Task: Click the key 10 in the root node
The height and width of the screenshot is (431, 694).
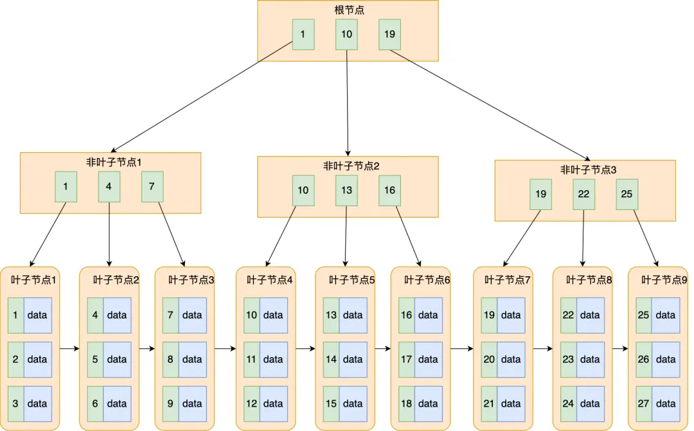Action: (346, 35)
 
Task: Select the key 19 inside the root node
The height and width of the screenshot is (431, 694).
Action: (389, 35)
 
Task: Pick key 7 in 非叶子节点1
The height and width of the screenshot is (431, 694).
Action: (152, 187)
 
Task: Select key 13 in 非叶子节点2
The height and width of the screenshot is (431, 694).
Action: (346, 191)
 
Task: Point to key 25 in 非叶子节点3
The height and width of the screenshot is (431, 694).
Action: (627, 194)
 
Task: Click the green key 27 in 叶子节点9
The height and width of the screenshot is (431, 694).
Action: (644, 403)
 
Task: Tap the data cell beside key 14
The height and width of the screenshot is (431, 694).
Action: (353, 359)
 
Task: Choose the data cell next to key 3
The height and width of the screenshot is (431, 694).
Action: (37, 403)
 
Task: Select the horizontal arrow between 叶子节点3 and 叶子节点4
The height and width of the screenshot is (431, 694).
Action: (225, 349)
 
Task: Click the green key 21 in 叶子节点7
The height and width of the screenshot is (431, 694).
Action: (489, 403)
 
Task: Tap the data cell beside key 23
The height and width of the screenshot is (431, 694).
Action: (590, 359)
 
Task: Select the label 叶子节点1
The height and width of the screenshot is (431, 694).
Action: (34, 280)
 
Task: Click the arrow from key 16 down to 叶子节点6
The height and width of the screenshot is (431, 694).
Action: (408, 236)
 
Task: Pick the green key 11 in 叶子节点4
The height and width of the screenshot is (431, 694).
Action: (251, 359)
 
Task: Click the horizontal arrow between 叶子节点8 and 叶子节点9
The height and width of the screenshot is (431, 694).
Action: (620, 349)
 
